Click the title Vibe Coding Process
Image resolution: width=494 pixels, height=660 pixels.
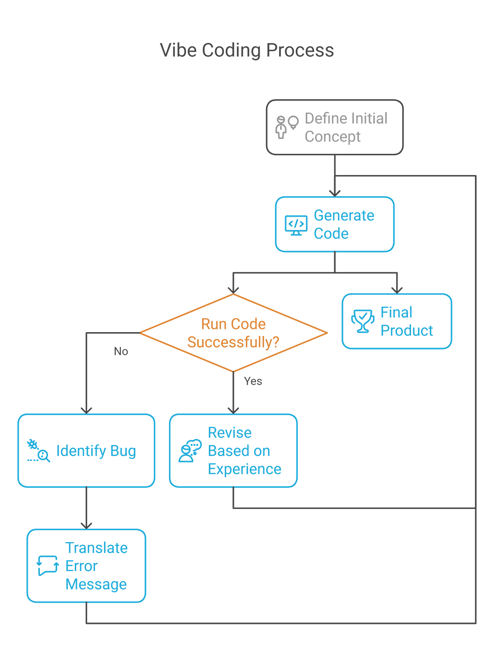coord(247,50)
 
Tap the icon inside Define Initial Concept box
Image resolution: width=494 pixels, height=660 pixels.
coord(286,127)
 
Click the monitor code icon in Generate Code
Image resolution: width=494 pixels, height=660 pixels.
coord(296,225)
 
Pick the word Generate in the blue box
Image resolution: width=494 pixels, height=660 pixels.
coord(344,216)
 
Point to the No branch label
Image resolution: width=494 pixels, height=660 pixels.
coord(121,351)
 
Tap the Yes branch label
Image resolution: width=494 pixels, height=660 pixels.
coord(253,381)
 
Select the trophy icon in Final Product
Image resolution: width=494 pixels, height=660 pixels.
coord(362,321)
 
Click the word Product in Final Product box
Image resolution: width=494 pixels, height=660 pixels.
coord(406,331)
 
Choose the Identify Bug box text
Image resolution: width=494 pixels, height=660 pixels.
coord(96,451)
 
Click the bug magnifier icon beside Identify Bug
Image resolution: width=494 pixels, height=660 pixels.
coord(38,451)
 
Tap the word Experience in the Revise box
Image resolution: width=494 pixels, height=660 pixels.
coord(245,469)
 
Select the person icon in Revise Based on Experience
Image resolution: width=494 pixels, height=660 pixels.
coord(190,451)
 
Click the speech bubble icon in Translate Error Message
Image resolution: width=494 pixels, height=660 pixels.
coord(48,565)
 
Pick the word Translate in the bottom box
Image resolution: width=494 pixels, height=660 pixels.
coord(96,548)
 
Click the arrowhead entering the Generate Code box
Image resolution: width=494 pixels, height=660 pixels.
coord(335,192)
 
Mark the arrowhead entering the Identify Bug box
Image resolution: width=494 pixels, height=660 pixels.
coord(86,409)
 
